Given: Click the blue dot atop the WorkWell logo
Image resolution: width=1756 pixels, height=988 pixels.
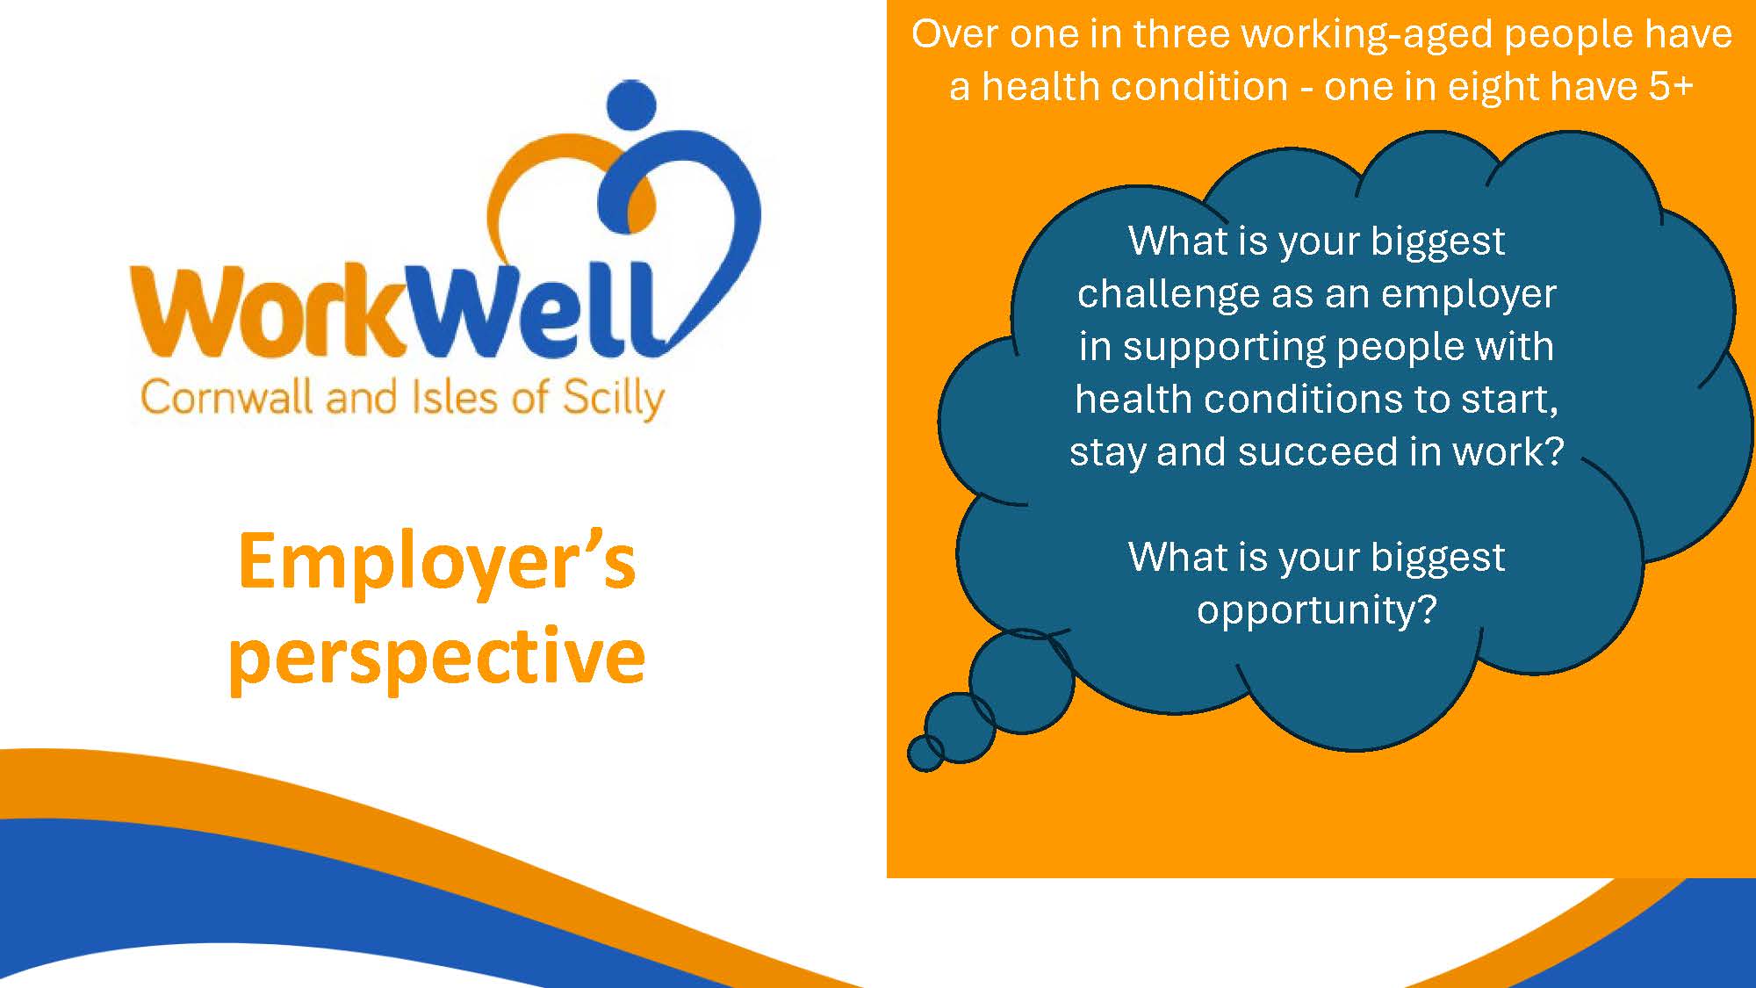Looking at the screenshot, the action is point(631,104).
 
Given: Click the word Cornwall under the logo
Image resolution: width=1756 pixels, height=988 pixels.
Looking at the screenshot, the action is point(227,398).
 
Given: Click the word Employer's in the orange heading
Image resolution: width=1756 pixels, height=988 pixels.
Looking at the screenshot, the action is point(436,563).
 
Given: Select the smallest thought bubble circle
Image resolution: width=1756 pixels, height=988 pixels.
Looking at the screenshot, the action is point(925,754).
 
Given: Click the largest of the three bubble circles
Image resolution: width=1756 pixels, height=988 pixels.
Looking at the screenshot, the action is point(1022,681).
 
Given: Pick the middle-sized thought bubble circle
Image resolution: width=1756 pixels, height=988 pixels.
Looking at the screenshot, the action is point(960,727).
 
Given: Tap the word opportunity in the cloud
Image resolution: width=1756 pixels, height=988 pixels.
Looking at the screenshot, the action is point(1316,610).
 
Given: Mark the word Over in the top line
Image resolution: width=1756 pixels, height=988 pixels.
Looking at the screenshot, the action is point(955,34).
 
